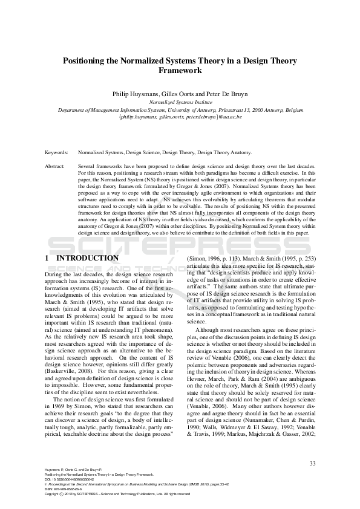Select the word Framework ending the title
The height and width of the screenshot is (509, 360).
coord(179,71)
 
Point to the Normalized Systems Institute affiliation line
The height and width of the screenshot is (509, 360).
coord(179,103)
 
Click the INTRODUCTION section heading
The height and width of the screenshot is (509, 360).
coord(87,258)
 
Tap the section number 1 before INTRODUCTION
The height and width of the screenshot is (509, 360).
coord(47,258)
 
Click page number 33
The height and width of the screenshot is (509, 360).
coord(313,464)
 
